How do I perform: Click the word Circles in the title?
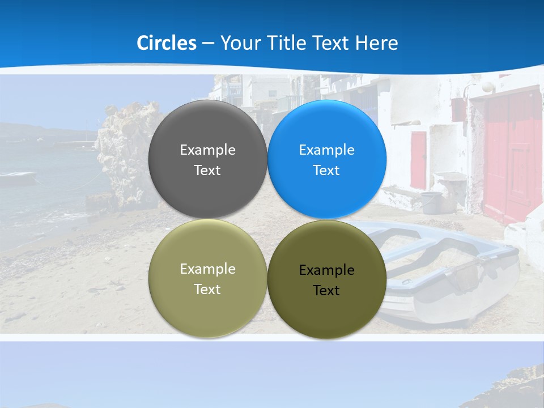coord(166,43)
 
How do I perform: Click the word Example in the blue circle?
coord(326,150)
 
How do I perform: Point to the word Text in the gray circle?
coord(207,171)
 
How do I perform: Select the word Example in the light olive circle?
coord(207,269)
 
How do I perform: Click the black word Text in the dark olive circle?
coord(326,291)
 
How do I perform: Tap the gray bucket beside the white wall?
coord(432,202)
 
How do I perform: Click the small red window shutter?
coord(419,159)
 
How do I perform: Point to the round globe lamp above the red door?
coord(487,87)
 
